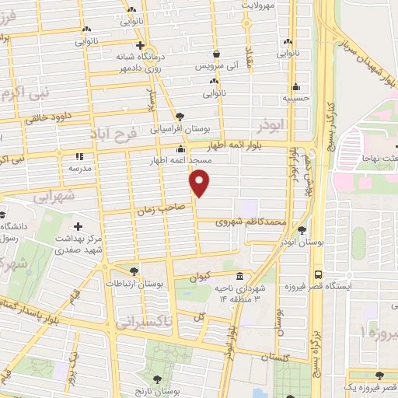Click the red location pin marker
tap(200, 183)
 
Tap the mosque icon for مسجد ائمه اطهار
tap(181, 149)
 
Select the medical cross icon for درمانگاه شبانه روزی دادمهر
tap(139, 45)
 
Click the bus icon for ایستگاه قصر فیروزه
tap(319, 275)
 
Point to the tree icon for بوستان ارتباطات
tap(135, 271)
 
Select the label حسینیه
tap(295, 99)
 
